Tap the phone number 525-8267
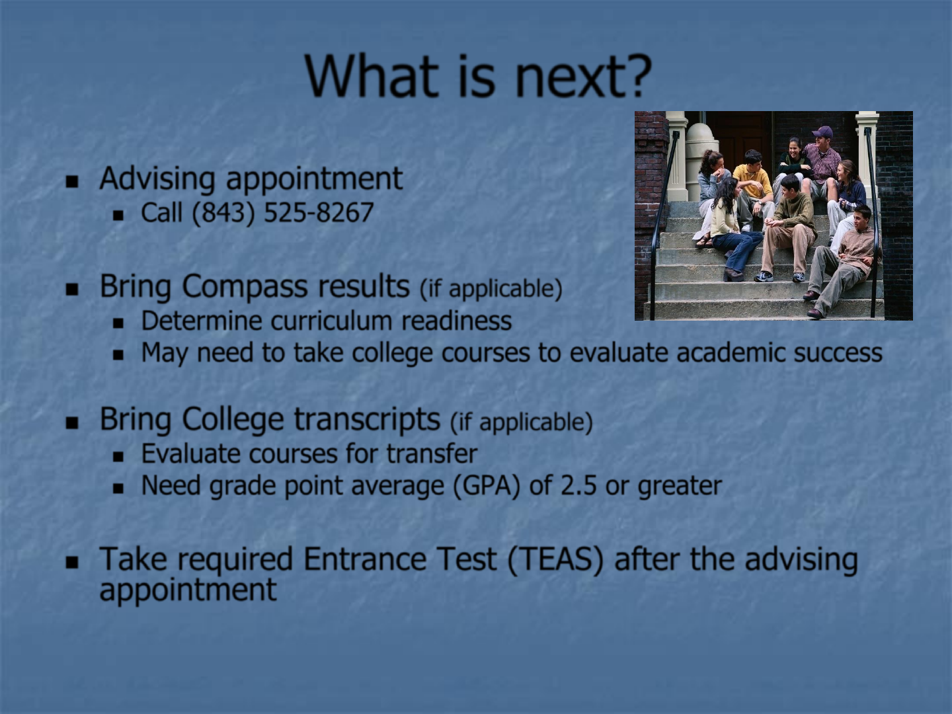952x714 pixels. tap(319, 212)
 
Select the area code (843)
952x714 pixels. tap(224, 213)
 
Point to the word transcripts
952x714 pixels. tap(368, 420)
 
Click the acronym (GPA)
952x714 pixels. tap(486, 486)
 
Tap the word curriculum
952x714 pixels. tap(331, 321)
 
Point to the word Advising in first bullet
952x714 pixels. tap(157, 179)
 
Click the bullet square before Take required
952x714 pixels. tap(72, 562)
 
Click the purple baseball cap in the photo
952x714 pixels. tap(823, 132)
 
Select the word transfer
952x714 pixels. tap(432, 454)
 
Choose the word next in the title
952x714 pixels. tap(564, 76)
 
